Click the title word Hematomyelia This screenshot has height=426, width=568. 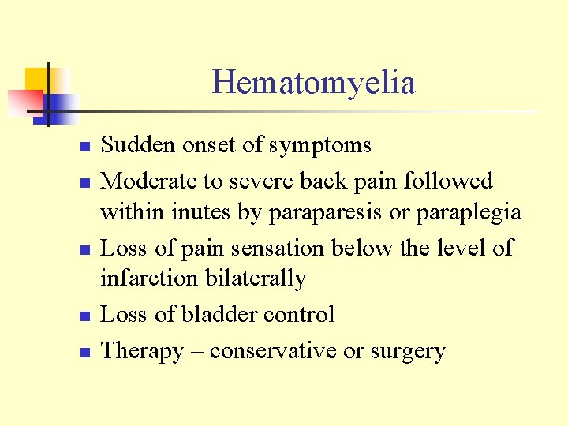(x=313, y=82)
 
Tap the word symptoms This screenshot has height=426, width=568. (x=319, y=146)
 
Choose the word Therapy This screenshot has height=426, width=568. (x=142, y=351)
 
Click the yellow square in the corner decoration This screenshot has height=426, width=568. (x=39, y=80)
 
